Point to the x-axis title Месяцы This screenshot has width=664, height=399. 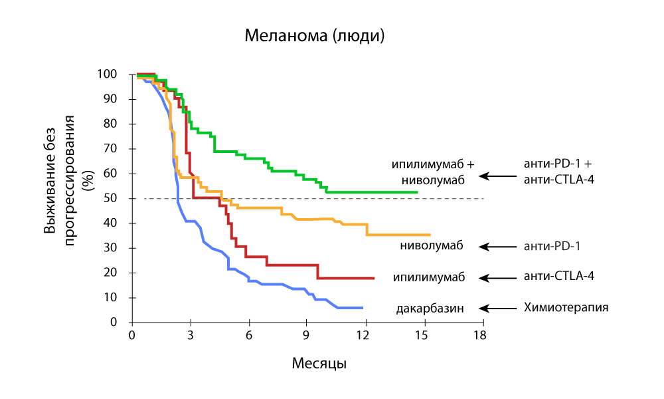click(319, 364)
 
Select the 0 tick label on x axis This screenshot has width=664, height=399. click(132, 335)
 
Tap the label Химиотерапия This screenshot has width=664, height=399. click(566, 308)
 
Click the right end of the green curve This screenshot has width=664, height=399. click(417, 192)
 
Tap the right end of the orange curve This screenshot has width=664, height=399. click(430, 235)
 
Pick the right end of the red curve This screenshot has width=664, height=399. click(374, 278)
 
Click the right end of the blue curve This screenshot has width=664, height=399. click(363, 308)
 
